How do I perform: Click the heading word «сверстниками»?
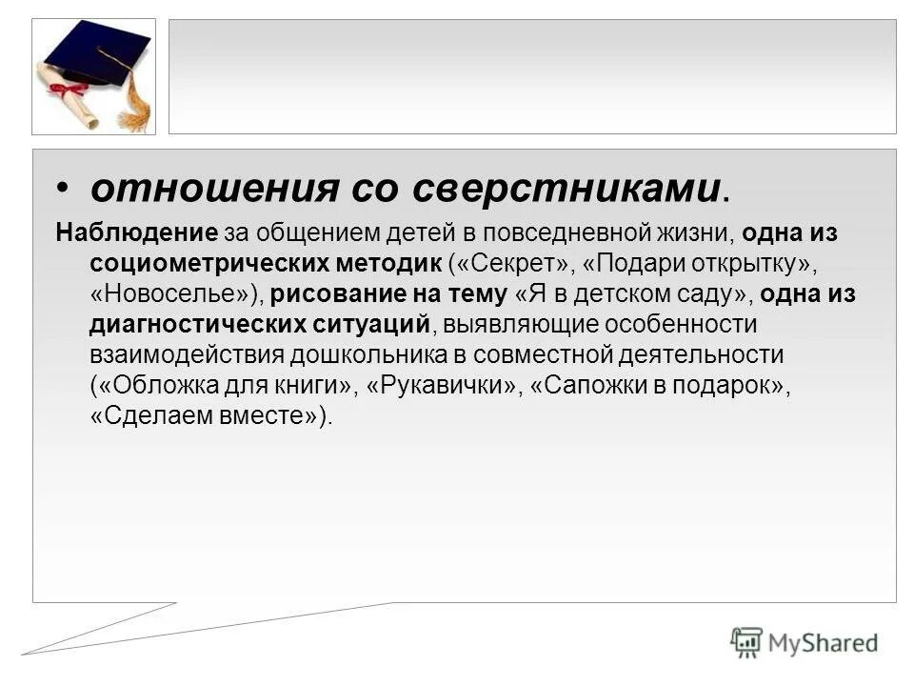point(566,189)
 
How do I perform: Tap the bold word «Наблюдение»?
point(137,233)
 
